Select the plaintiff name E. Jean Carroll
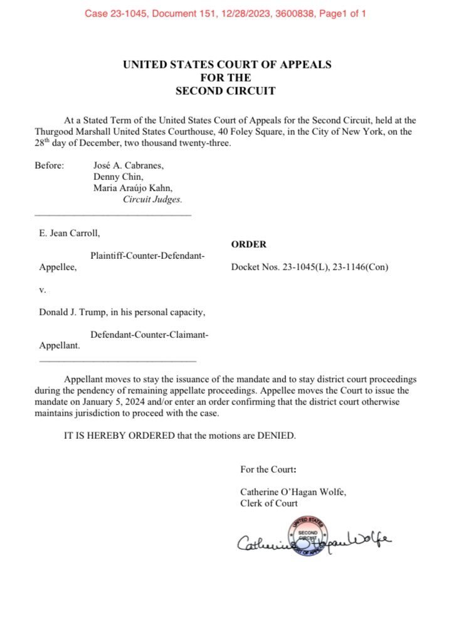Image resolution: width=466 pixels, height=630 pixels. tap(70, 233)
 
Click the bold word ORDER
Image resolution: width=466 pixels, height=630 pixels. tap(249, 244)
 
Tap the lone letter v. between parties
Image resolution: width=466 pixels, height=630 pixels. tap(43, 290)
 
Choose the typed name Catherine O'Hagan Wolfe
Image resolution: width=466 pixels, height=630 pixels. tap(293, 492)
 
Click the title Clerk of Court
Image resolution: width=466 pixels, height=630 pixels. tap(269, 503)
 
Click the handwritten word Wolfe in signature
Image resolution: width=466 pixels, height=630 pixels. tap(370, 538)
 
